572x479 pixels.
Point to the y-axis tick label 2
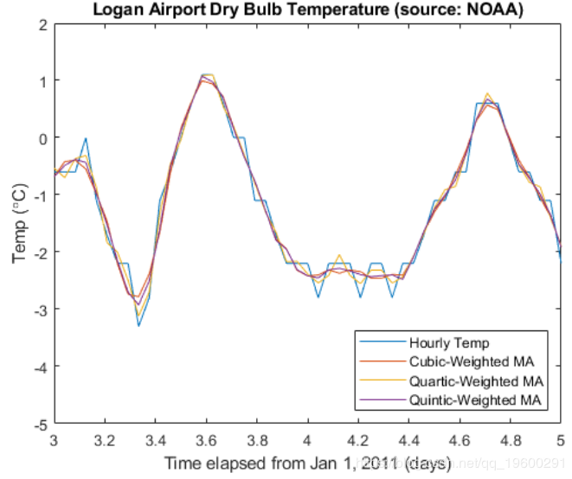point(42,23)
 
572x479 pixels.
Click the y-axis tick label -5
point(39,425)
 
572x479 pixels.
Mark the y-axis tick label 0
point(42,137)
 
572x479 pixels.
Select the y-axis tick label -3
point(39,310)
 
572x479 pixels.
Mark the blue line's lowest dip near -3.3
point(138,325)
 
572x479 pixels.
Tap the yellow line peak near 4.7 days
point(488,93)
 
